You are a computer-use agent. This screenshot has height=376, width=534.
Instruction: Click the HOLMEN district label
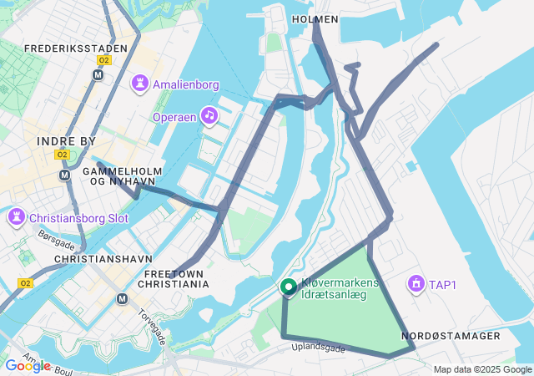click(315, 18)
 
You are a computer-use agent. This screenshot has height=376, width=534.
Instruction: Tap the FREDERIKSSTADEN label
click(76, 48)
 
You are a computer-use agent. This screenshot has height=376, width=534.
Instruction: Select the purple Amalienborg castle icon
click(140, 84)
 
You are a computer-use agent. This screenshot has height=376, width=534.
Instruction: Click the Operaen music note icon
click(209, 115)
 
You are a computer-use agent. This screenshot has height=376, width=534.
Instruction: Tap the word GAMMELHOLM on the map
click(115, 170)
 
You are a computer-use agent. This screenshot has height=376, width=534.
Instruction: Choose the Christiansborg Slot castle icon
click(16, 218)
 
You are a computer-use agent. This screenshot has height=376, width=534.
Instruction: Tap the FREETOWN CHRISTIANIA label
click(175, 278)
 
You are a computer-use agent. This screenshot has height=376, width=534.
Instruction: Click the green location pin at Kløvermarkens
click(289, 287)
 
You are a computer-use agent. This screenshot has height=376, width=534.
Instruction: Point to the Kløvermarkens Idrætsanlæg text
click(340, 289)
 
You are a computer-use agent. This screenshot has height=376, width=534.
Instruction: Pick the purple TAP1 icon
click(415, 284)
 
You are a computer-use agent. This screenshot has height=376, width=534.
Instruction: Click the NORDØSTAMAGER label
click(451, 336)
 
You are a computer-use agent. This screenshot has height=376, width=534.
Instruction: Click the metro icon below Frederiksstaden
click(98, 74)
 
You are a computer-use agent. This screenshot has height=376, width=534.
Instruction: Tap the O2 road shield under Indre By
click(62, 155)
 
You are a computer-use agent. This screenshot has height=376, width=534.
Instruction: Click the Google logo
click(28, 366)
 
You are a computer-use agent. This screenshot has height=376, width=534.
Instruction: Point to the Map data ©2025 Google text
click(482, 369)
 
